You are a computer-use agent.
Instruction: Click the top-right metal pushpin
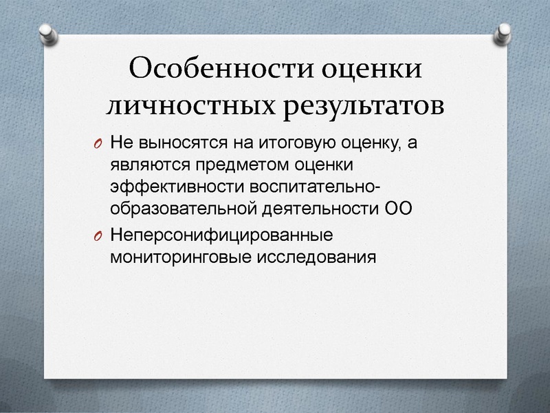[504, 32]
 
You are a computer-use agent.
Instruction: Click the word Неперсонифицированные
[221, 235]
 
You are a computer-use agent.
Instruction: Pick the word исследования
[316, 256]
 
